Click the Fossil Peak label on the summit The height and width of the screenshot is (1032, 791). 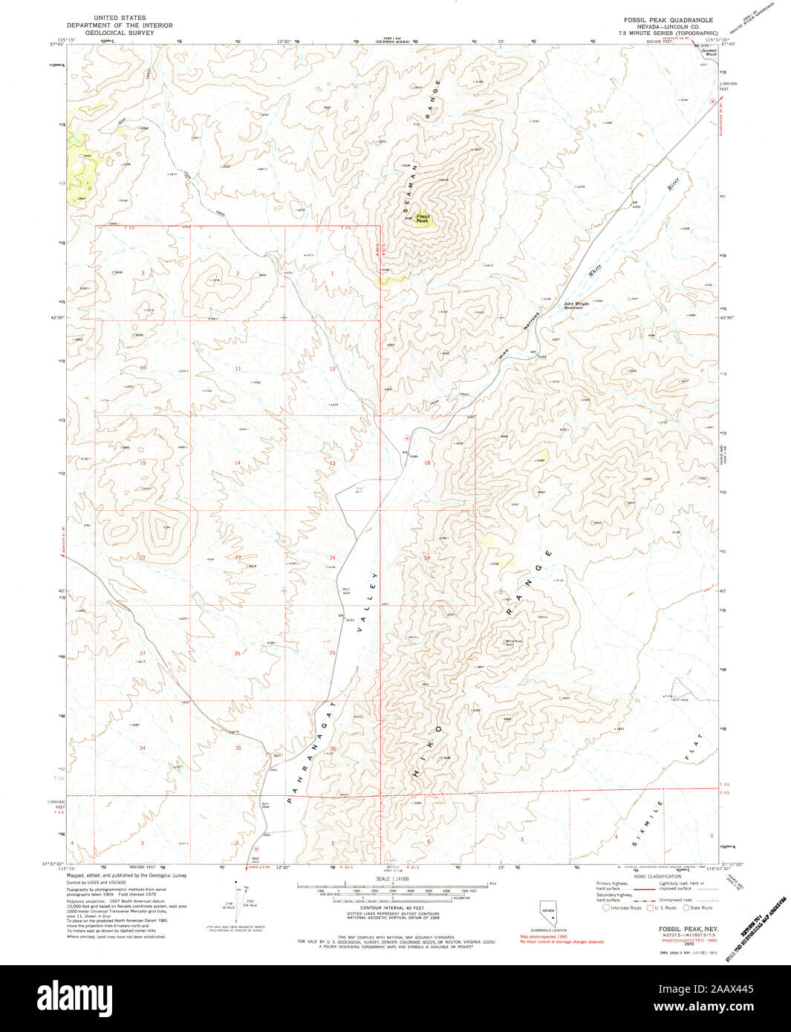(422, 218)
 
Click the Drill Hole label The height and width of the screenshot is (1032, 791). (680, 699)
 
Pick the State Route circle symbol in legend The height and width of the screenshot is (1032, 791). (686, 907)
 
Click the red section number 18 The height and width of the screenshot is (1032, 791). (427, 463)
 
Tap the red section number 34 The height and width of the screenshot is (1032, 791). (142, 748)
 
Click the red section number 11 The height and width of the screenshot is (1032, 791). (238, 368)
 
